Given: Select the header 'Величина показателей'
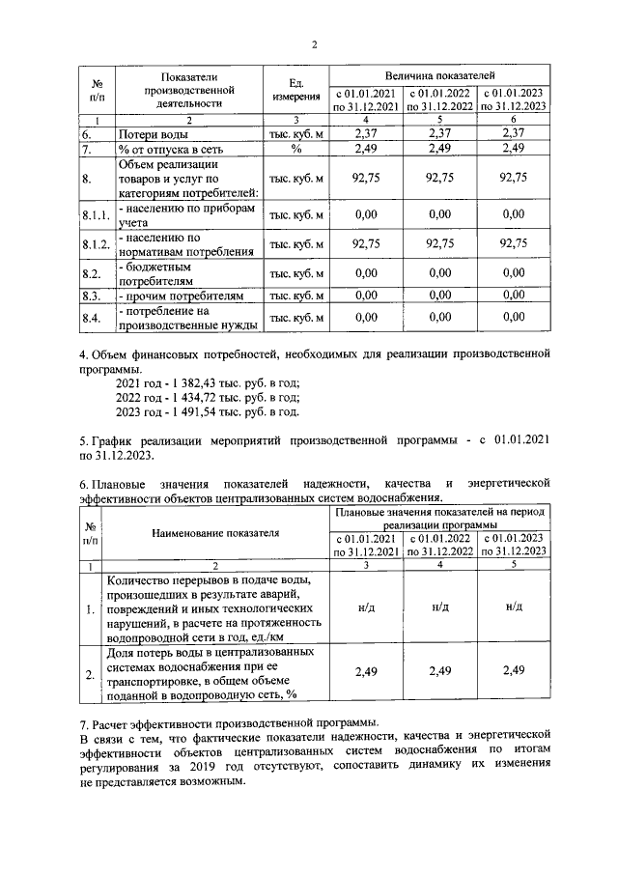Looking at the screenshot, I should pyautogui.click(x=440, y=74).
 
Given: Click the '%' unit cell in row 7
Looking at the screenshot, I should pyautogui.click(x=295, y=151).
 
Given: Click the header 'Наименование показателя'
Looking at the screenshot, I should pyautogui.click(x=214, y=532).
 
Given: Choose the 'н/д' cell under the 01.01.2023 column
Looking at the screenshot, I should pyautogui.click(x=514, y=606).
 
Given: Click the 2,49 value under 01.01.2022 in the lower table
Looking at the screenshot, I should pyautogui.click(x=439, y=670).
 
